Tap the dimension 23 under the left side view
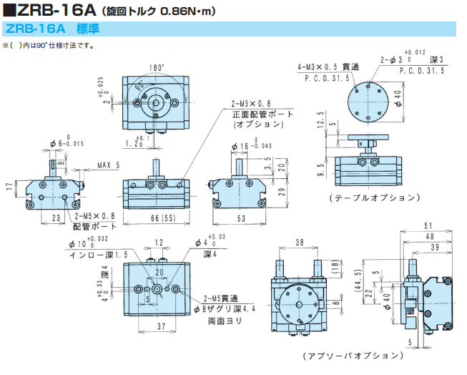[56, 217]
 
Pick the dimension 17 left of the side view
[9, 186]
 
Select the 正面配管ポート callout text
[258, 113]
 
